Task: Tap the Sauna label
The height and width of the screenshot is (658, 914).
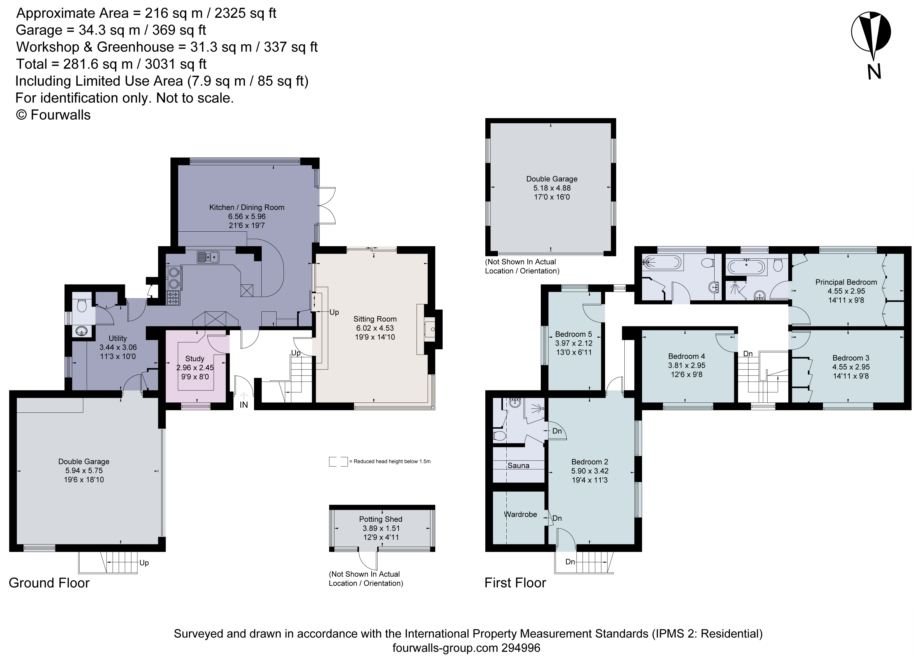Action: [x=518, y=465]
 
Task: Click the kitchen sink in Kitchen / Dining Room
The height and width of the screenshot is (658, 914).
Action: [x=208, y=257]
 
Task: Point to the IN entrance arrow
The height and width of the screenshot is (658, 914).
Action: [x=244, y=396]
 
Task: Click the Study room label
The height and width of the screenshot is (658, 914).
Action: [x=195, y=358]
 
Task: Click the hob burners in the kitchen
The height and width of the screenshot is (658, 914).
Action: [x=173, y=298]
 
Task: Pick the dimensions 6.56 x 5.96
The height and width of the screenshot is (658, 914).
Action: [x=247, y=217]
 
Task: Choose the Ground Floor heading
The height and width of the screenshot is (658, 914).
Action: [x=49, y=583]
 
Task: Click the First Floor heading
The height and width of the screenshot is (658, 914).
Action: [x=515, y=583]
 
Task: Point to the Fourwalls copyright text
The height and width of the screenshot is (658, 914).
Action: [x=53, y=115]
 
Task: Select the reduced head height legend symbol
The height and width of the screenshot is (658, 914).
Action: [x=338, y=461]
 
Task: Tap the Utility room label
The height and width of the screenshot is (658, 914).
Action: [x=118, y=338]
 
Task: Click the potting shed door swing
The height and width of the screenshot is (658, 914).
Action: [x=368, y=560]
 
